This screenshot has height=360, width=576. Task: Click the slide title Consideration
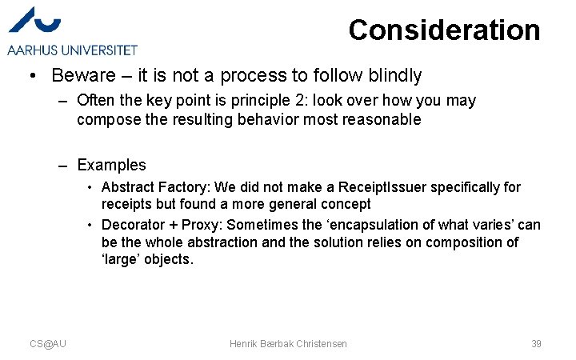click(x=444, y=30)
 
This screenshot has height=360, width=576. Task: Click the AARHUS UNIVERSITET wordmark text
click(x=73, y=50)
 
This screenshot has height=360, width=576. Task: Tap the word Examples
click(x=111, y=166)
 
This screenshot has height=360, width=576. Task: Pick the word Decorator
click(x=133, y=225)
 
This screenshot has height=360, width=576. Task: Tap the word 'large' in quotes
click(x=122, y=259)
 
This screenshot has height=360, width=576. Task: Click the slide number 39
click(x=536, y=343)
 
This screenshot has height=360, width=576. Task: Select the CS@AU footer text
click(x=48, y=343)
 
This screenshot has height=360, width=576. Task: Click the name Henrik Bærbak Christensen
click(x=288, y=343)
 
